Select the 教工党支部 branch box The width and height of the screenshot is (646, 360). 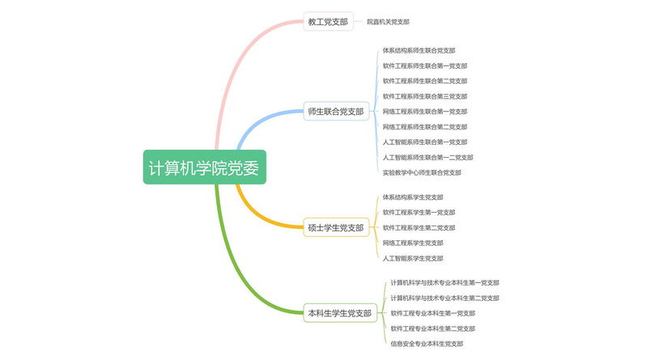328,22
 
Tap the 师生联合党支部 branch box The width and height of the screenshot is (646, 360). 336,111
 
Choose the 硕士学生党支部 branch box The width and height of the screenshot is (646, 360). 336,227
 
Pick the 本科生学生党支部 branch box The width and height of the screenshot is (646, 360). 339,312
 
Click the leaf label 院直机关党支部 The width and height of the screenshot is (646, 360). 388,22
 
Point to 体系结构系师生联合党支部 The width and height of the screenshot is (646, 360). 419,50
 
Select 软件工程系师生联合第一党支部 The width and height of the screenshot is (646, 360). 424,66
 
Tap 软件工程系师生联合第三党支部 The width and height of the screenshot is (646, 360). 424,96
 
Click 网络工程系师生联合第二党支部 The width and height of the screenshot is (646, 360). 424,127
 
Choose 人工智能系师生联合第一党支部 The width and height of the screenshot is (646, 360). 424,142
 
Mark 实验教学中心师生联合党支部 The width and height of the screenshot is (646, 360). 421,172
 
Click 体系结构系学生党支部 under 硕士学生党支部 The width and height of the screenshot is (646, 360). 413,197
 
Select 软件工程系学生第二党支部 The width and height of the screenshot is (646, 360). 419,228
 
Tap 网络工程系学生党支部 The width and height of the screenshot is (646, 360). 413,243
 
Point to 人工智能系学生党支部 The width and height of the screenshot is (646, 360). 413,258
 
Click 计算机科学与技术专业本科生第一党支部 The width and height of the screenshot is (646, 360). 444,283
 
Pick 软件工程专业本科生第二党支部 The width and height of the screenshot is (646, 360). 432,328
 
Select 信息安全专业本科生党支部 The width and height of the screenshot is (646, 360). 427,344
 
